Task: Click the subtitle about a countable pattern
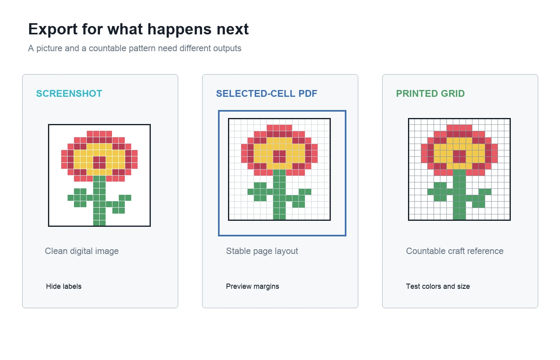134,48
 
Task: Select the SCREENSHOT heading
69,94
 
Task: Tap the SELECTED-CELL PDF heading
266,94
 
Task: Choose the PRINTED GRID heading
430,94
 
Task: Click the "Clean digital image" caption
82,251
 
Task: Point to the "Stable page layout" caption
262,251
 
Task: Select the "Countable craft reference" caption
454,251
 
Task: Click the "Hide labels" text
64,286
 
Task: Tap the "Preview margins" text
252,286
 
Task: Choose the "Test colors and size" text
438,286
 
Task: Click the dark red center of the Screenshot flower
99,162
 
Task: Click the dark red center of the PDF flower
279,156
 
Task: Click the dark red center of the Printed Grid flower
459,156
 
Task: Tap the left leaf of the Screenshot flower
80,198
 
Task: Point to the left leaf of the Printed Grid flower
440,192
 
